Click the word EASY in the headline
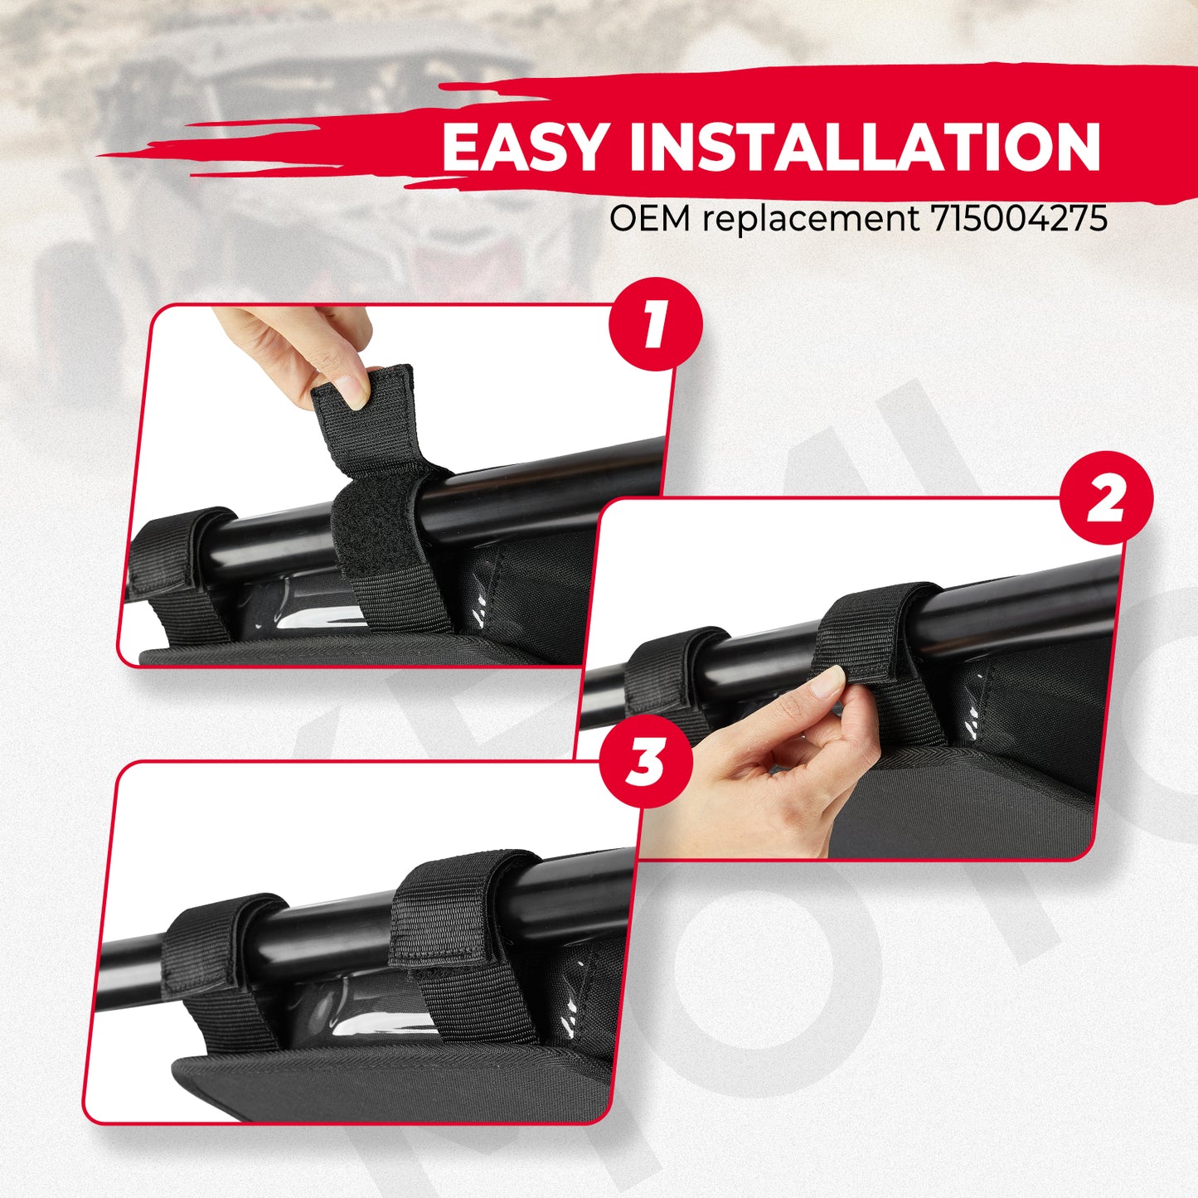pos(523,148)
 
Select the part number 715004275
pos(1019,218)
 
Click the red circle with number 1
pos(655,324)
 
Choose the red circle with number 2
pos(1105,499)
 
